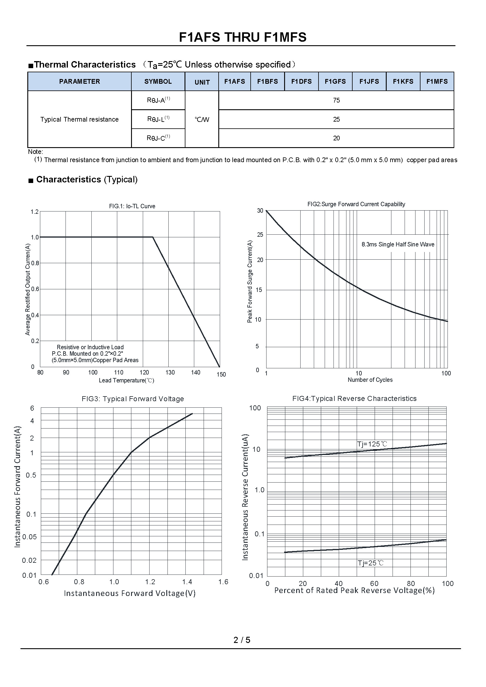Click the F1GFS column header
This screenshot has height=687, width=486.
(335, 81)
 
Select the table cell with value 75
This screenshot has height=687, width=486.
(336, 100)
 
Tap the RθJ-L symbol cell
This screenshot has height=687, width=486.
(158, 119)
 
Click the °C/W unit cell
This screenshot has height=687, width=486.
(202, 119)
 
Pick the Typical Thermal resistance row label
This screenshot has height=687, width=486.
(80, 119)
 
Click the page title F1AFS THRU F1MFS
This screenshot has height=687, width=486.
(243, 37)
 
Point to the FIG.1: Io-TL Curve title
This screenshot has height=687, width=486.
(132, 206)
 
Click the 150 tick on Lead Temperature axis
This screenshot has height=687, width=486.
(221, 374)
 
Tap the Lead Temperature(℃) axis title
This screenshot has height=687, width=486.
(126, 380)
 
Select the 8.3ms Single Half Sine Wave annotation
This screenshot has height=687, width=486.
(398, 244)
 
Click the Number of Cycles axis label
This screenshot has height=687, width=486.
(370, 380)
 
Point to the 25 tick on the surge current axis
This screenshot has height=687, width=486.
(260, 235)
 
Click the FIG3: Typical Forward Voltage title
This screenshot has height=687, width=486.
(133, 399)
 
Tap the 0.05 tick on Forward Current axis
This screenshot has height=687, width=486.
(30, 537)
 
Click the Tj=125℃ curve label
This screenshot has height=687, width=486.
(372, 444)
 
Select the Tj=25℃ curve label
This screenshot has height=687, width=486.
(371, 563)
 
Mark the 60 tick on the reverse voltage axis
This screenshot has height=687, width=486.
(374, 584)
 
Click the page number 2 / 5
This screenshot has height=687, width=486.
(242, 640)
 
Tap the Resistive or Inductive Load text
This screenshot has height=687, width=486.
(90, 347)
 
